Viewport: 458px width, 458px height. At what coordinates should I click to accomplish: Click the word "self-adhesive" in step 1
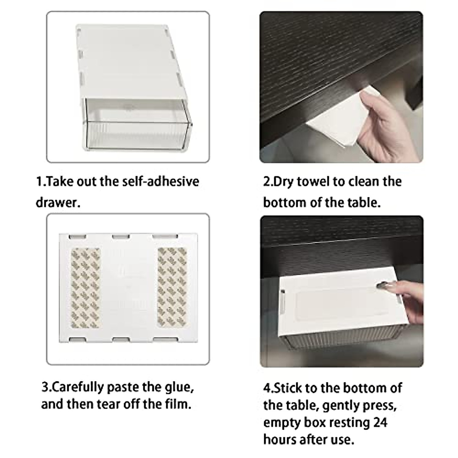click(161, 181)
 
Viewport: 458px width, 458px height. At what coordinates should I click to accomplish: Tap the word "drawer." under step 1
click(58, 203)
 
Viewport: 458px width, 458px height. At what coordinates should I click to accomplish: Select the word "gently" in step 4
click(342, 405)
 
